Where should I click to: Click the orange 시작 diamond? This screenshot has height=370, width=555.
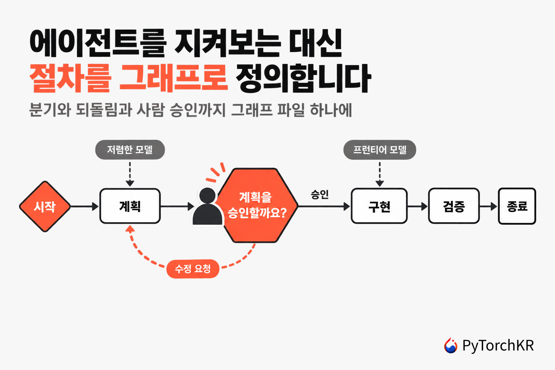45,206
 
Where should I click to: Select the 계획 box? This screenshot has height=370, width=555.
130,206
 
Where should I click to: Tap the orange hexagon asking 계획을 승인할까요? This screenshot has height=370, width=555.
258,205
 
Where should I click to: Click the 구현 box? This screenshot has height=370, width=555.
379,206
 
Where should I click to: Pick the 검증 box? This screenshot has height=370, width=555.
454,206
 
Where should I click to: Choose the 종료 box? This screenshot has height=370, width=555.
517,206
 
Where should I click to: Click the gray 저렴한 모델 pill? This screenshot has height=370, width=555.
130,150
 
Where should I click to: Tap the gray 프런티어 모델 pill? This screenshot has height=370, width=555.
380,150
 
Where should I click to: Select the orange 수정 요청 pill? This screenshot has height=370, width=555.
193,269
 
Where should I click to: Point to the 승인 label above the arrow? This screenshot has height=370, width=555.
320,194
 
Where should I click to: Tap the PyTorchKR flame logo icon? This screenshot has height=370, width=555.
451,345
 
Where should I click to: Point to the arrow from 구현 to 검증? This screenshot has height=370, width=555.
418,206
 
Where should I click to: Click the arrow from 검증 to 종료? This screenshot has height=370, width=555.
489,206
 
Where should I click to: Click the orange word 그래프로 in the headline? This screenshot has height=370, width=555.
173,78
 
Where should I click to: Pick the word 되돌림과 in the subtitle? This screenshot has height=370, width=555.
104,110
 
